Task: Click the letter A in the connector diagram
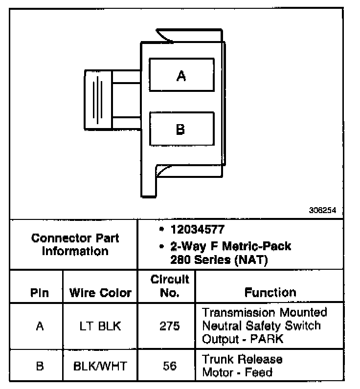(x=181, y=76)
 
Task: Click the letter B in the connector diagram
(x=180, y=130)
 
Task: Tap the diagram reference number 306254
(x=322, y=211)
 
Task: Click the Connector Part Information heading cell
(x=75, y=245)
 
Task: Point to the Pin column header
(x=39, y=293)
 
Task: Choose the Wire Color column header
(x=101, y=293)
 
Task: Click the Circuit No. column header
(x=169, y=286)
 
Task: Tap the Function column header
(x=270, y=292)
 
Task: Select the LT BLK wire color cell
(x=100, y=326)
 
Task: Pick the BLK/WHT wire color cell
(x=100, y=366)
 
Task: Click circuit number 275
(x=169, y=326)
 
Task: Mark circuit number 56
(x=169, y=366)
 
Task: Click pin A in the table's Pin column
(x=40, y=326)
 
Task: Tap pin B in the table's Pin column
(x=40, y=366)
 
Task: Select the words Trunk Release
(x=242, y=360)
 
